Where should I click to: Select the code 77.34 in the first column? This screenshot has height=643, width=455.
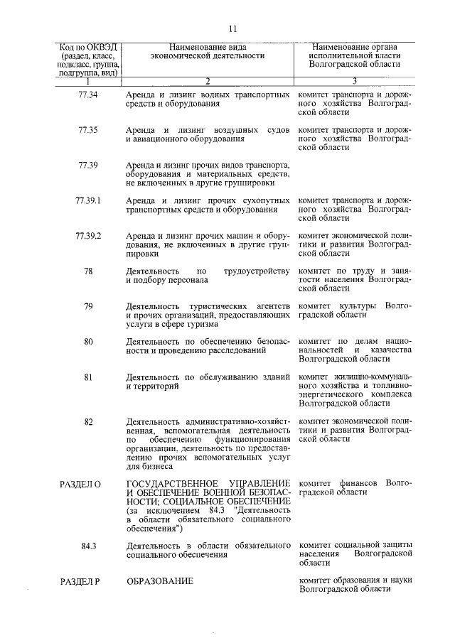pos(88,94)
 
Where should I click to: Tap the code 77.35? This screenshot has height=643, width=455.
pos(88,130)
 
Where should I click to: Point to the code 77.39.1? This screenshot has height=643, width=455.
pos(88,200)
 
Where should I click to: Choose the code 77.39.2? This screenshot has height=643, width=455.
pos(88,235)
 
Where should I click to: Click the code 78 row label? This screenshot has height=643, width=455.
pos(88,271)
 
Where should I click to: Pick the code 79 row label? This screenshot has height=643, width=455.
pos(88,306)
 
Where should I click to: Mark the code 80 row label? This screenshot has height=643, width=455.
pos(88,341)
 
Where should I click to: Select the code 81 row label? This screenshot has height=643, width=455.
pos(88,377)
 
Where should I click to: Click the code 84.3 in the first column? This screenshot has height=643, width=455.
pos(88,546)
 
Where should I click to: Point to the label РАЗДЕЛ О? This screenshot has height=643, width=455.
pos(81,484)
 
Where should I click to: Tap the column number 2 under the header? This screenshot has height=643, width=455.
pos(207,80)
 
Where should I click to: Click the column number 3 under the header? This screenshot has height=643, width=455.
pos(354,80)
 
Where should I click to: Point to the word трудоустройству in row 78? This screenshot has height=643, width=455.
pos(257,271)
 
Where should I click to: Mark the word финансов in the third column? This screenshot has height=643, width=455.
pos(360,483)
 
